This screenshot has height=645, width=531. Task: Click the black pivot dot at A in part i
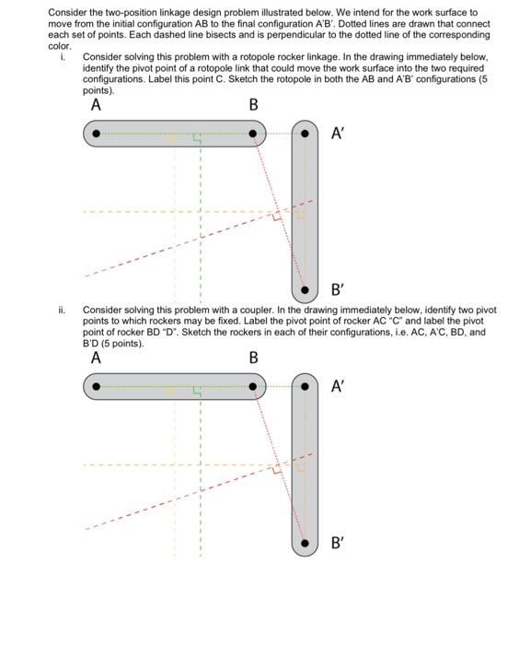[x=96, y=135]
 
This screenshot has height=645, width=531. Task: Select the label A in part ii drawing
[x=96, y=358]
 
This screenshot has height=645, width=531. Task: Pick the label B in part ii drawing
[x=254, y=358]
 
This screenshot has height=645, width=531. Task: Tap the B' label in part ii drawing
[x=339, y=545]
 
